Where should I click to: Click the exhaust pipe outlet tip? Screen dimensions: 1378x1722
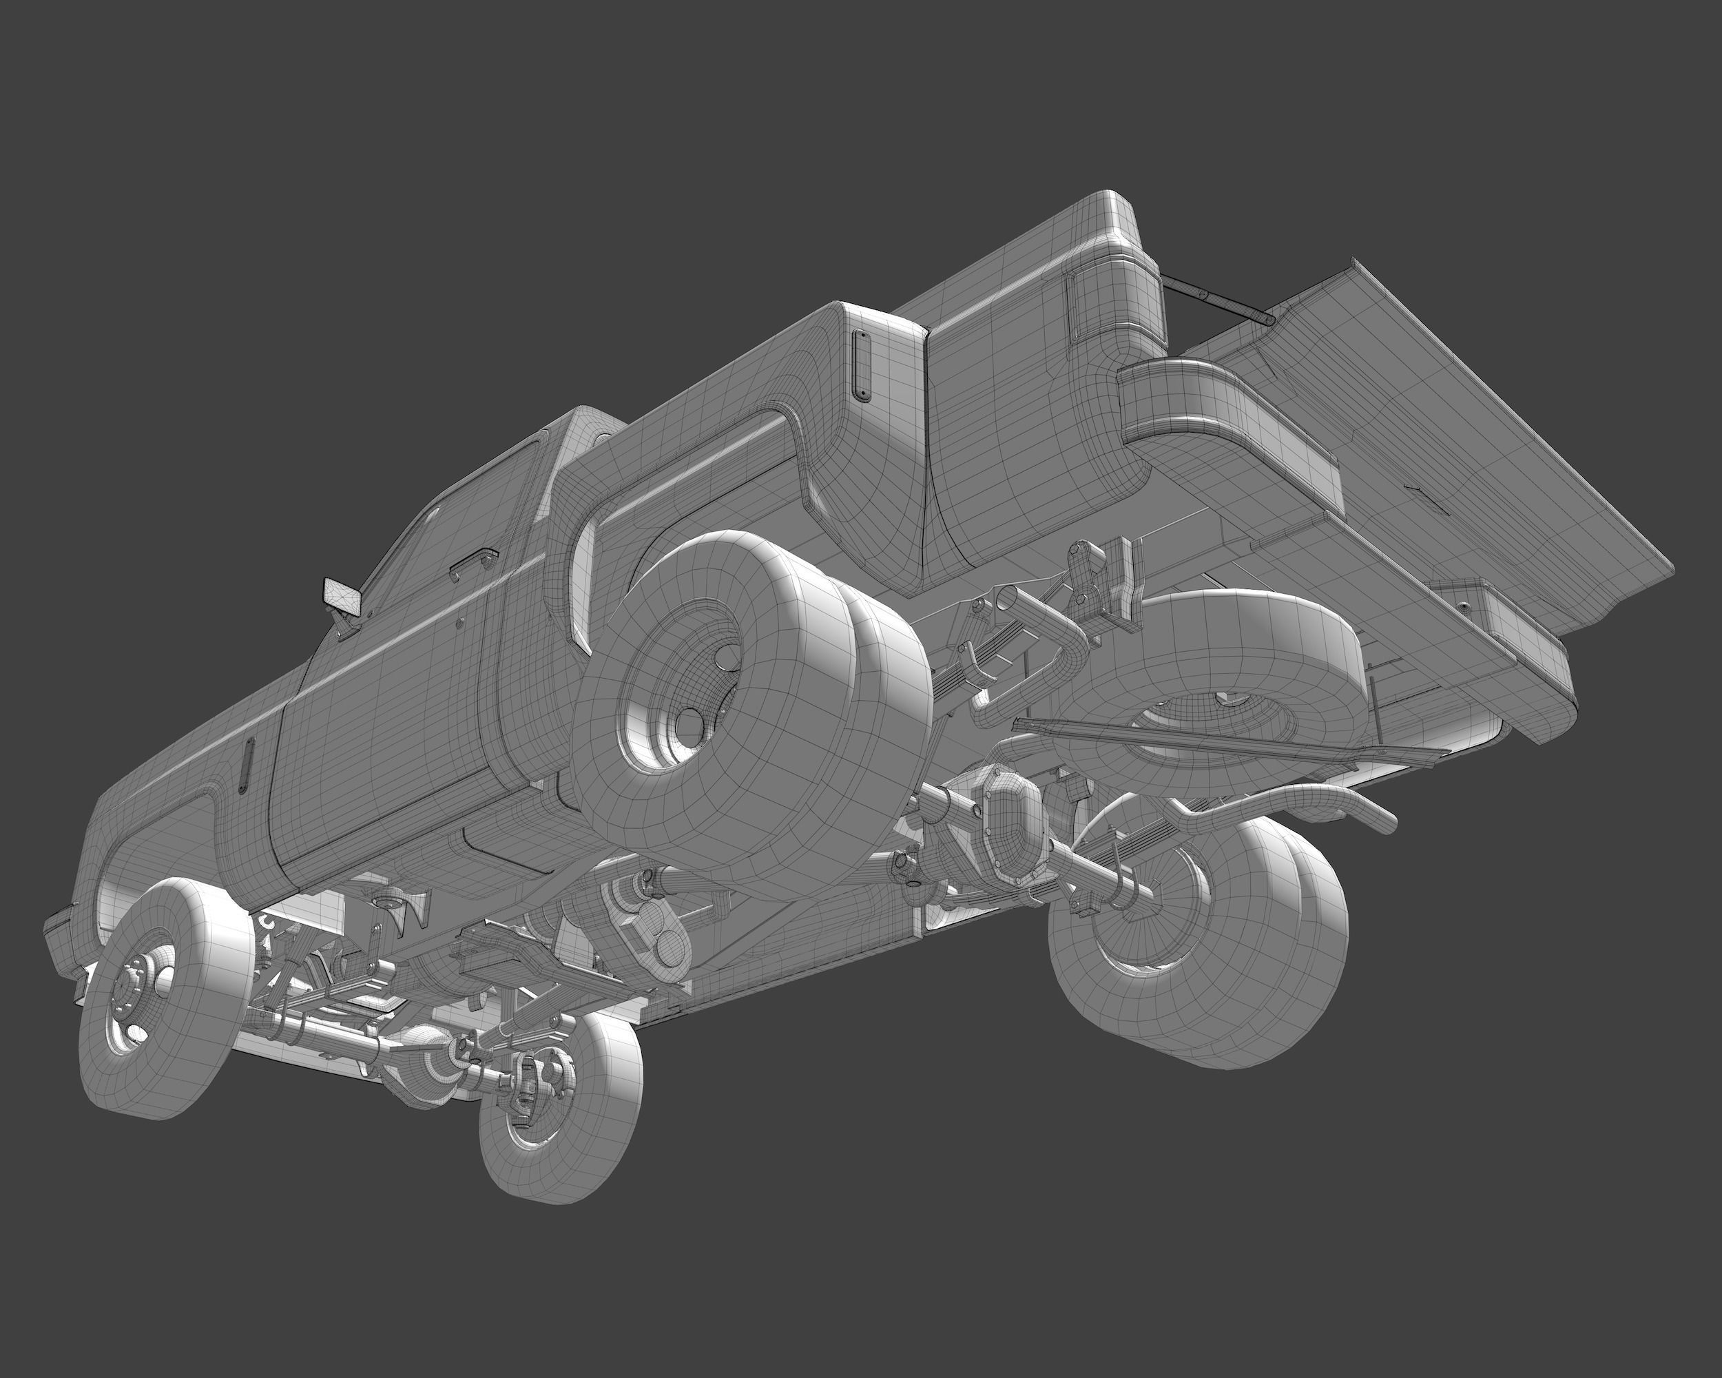pos(1386,823)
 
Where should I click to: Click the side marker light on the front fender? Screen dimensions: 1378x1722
pos(245,765)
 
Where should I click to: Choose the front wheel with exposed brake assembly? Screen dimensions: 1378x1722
pos(559,1094)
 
